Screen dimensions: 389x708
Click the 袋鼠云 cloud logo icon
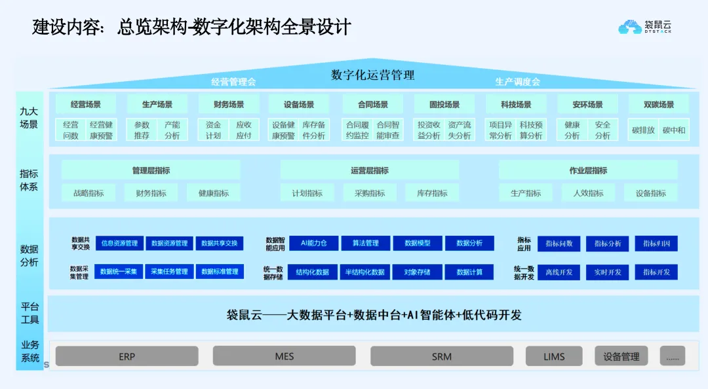coord(629,27)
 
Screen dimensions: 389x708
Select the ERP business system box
coord(127,356)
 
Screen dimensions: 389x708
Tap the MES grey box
coord(284,356)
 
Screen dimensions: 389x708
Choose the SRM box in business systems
coord(441,356)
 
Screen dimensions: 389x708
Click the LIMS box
coord(554,356)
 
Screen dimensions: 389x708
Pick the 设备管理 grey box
coord(621,356)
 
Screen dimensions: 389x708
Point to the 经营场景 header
coord(85,104)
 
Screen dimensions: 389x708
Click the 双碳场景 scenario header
coord(659,104)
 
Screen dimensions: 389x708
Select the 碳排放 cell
coord(643,130)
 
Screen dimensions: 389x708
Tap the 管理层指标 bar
coord(151,170)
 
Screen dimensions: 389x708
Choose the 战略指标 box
coord(88,193)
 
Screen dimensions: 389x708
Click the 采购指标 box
coord(370,193)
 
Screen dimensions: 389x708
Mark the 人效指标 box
coord(588,193)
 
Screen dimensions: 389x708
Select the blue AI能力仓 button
coord(313,243)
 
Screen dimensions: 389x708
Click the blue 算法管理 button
coord(365,243)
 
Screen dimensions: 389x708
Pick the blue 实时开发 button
coord(607,272)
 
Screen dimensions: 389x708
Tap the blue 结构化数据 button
coord(313,272)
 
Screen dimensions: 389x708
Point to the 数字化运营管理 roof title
coord(372,75)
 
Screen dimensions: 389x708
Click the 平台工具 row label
coord(29,313)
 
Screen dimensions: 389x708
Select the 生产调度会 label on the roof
coord(517,82)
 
